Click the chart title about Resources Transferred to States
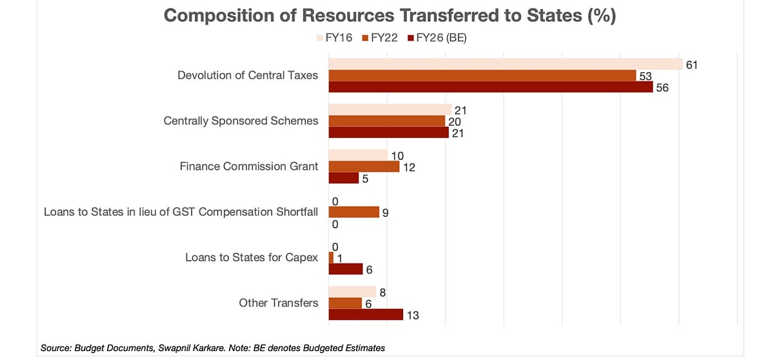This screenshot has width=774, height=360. pyautogui.click(x=390, y=16)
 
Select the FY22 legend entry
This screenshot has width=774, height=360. pyautogui.click(x=384, y=38)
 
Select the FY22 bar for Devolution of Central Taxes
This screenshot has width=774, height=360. pyautogui.click(x=482, y=75)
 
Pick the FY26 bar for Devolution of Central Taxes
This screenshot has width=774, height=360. pyautogui.click(x=491, y=87)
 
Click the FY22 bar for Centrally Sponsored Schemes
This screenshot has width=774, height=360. pyautogui.click(x=387, y=121)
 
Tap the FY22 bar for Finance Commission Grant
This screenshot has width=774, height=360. pyautogui.click(x=364, y=166)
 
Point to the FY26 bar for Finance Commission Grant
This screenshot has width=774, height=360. pyautogui.click(x=344, y=178)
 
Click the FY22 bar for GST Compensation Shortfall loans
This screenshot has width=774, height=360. pyautogui.click(x=354, y=212)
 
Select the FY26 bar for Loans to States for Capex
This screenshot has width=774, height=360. pyautogui.click(x=346, y=269)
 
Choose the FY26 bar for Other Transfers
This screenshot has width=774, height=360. pyautogui.click(x=366, y=314)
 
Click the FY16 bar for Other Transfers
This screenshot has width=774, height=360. pyautogui.click(x=352, y=292)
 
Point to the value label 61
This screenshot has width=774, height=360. pyautogui.click(x=693, y=65)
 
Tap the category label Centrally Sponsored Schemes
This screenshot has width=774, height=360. pyautogui.click(x=241, y=121)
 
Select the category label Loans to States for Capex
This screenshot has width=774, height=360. pyautogui.click(x=252, y=257)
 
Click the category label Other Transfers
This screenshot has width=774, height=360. pyautogui.click(x=278, y=303)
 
